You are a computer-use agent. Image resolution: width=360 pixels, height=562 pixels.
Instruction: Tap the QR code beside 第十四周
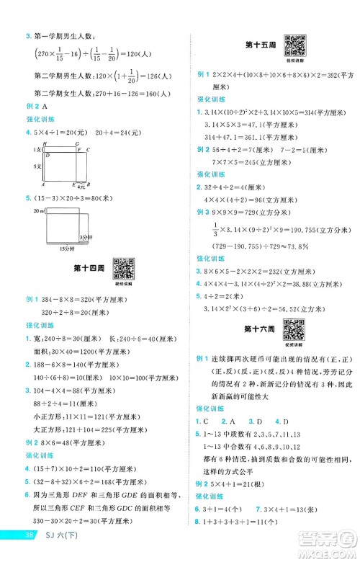click(125, 267)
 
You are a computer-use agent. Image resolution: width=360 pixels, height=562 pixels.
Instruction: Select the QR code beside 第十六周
click(293, 329)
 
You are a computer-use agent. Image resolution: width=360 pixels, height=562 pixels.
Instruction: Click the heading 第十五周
click(257, 44)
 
